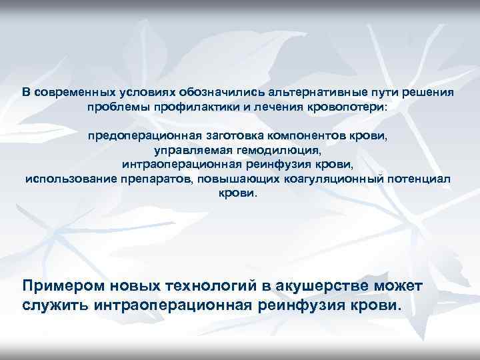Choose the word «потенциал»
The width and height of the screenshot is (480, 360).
pos(417,179)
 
